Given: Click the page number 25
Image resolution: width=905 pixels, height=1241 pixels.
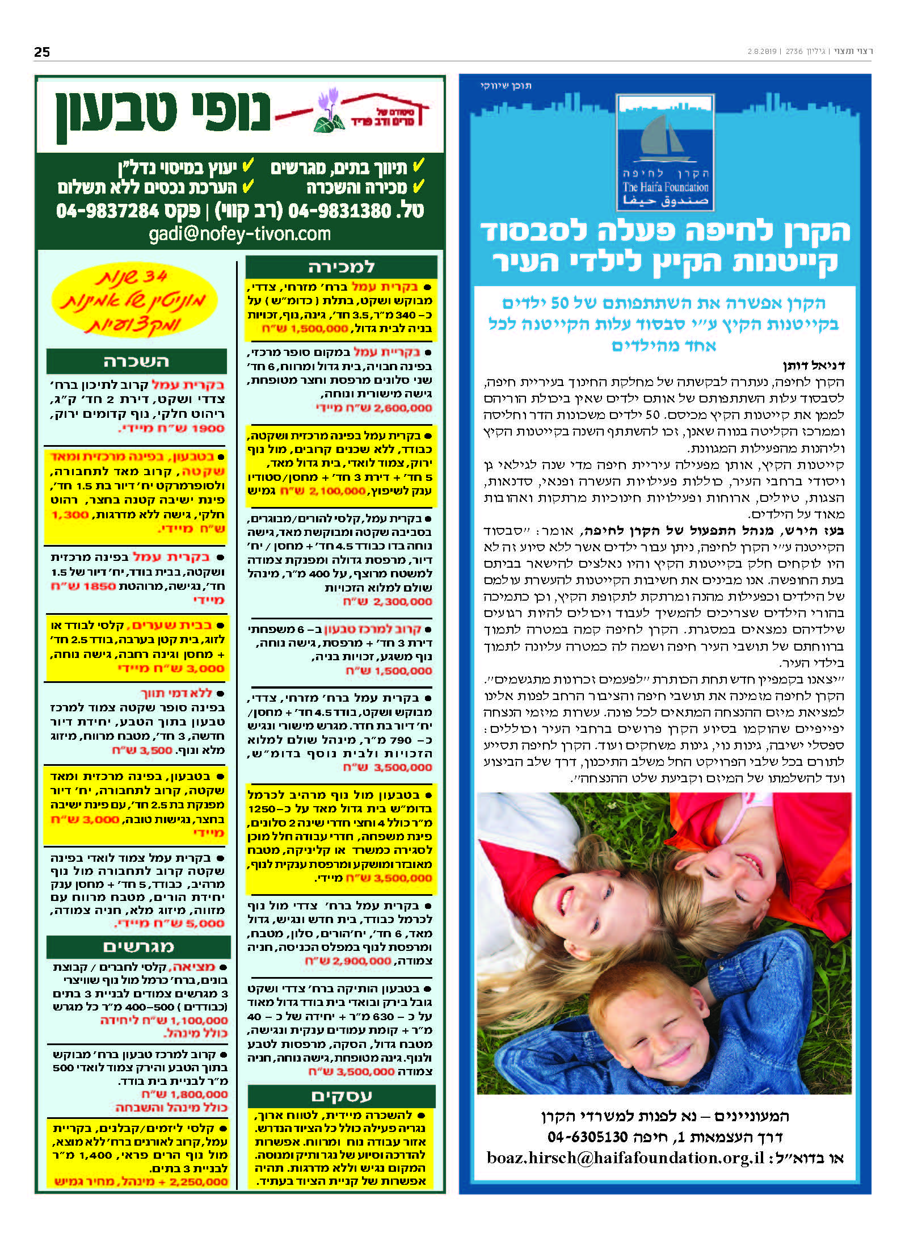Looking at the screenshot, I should pyautogui.click(x=42, y=52).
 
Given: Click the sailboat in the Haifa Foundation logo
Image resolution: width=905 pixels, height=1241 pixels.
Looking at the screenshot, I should pyautogui.click(x=662, y=137).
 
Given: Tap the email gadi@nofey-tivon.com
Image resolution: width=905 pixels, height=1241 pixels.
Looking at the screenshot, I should pyautogui.click(x=239, y=234).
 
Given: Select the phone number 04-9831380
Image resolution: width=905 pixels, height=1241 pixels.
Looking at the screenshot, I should pyautogui.click(x=340, y=211).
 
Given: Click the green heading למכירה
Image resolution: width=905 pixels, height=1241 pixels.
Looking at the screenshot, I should pyautogui.click(x=341, y=267).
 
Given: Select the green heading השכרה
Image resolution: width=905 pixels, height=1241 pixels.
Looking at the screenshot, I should pyautogui.click(x=136, y=362).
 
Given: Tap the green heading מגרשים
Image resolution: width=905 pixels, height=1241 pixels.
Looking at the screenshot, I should pyautogui.click(x=138, y=946).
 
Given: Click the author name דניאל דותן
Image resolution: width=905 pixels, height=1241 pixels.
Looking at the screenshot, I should pyautogui.click(x=814, y=365).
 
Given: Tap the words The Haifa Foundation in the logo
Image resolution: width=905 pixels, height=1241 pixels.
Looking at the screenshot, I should pyautogui.click(x=665, y=187).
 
